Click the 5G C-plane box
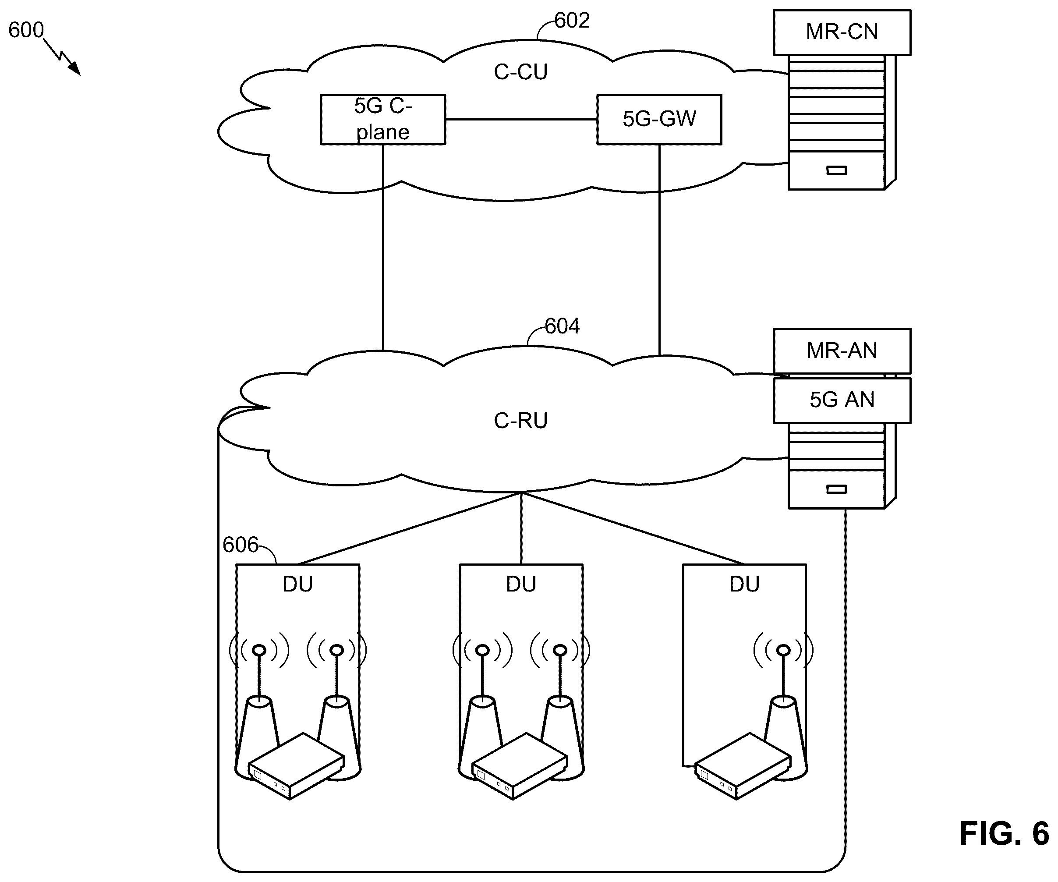[x=383, y=120]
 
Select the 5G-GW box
[x=659, y=120]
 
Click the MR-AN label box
[x=842, y=351]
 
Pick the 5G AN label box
[x=842, y=400]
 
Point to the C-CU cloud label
[x=520, y=72]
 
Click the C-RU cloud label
[x=520, y=421]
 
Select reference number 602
[x=572, y=21]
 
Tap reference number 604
[x=562, y=326]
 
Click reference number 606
[x=241, y=545]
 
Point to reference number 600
[x=26, y=30]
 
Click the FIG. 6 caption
[x=1004, y=834]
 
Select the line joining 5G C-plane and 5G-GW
[x=521, y=120]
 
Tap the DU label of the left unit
[x=298, y=584]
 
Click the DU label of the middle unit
[x=521, y=584]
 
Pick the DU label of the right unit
[x=745, y=584]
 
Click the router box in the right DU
[x=743, y=766]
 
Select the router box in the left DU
[x=296, y=766]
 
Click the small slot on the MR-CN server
[x=836, y=170]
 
